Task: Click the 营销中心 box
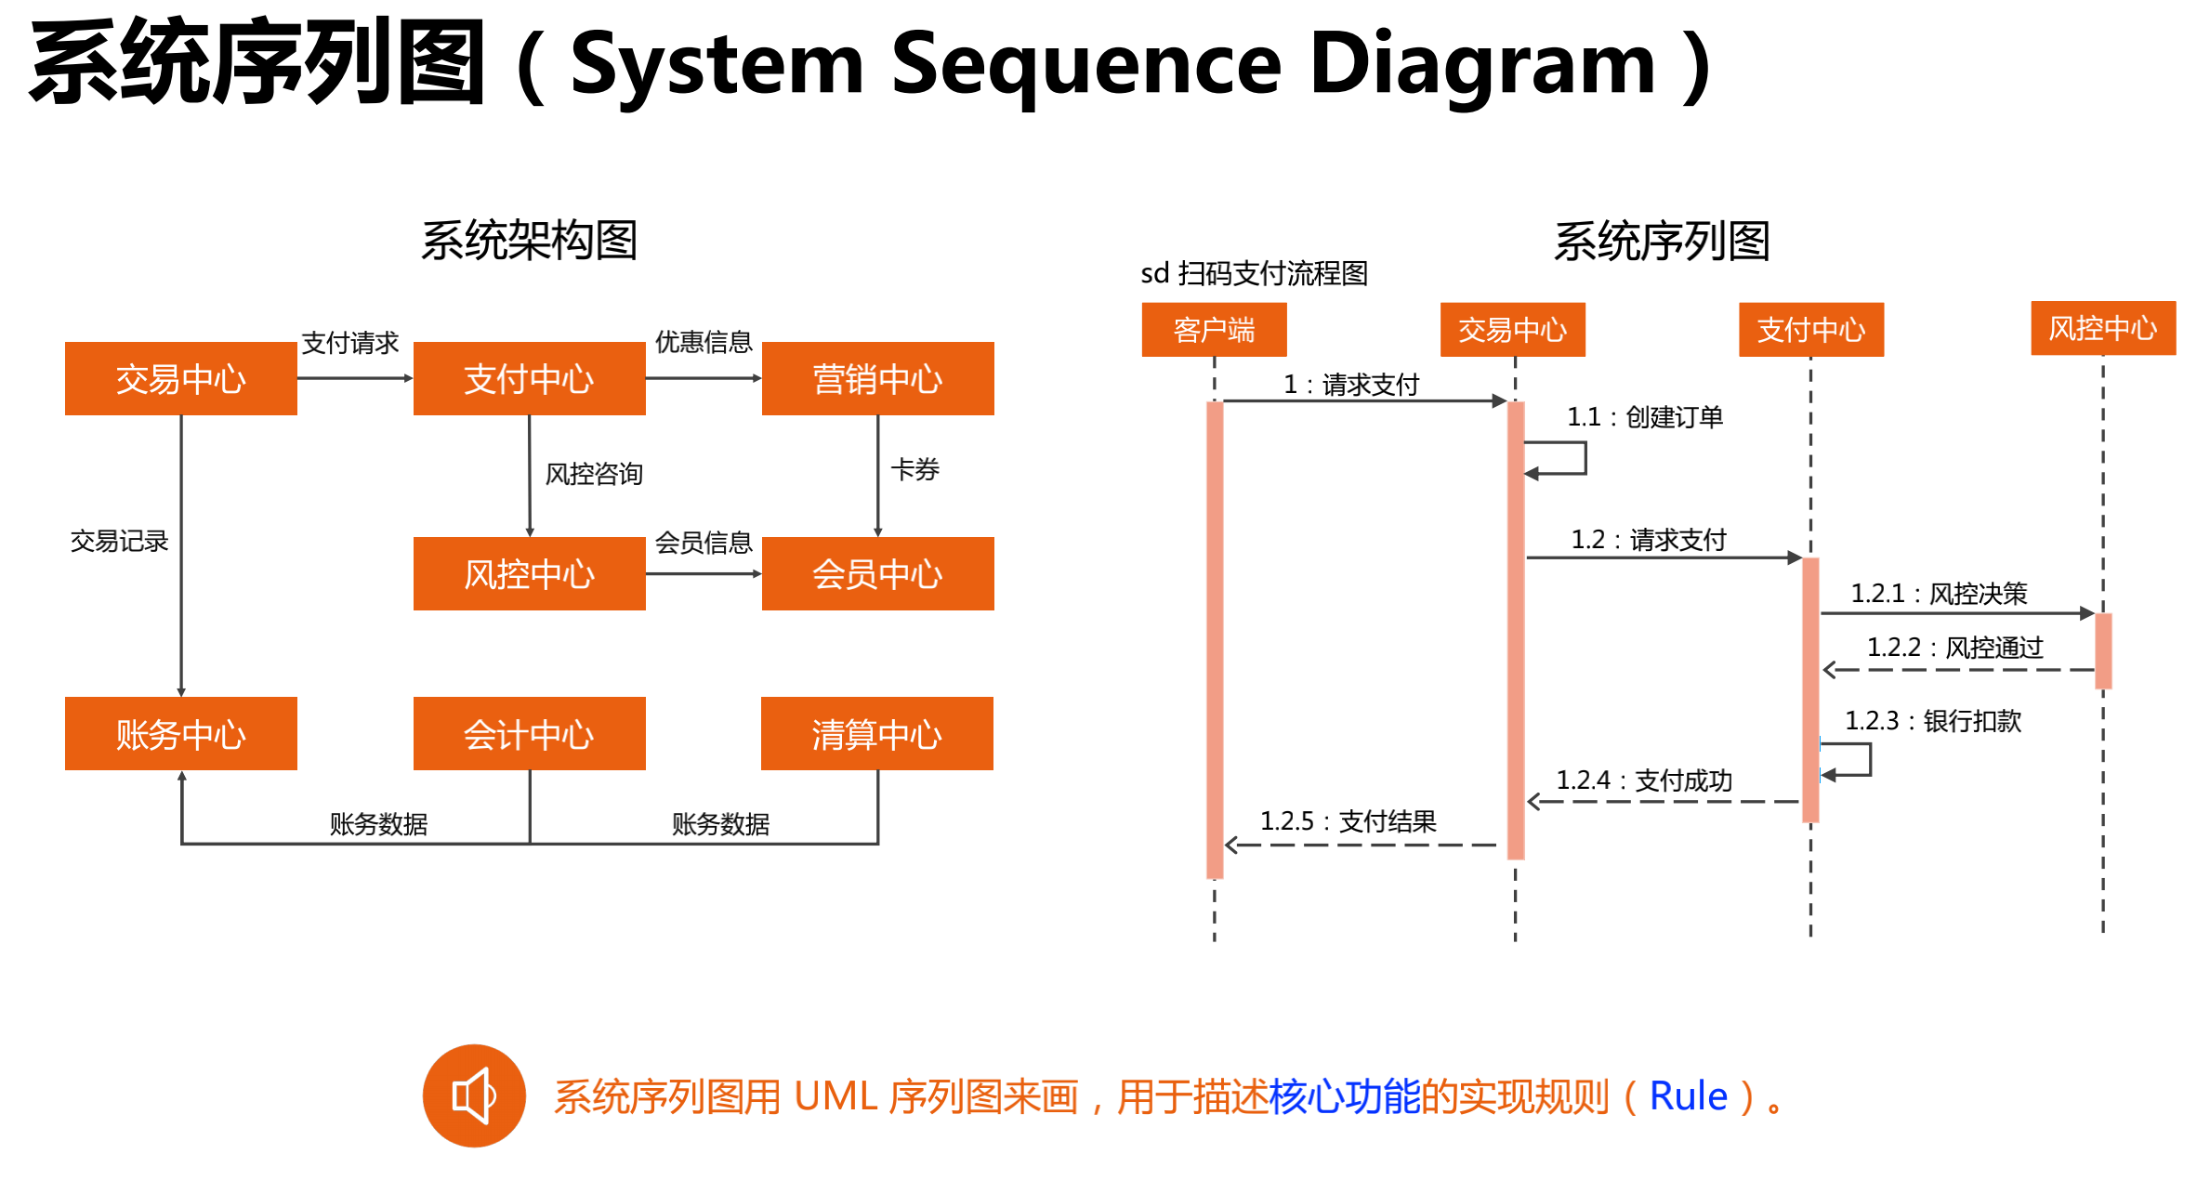click(877, 378)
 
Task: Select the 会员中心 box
click(877, 573)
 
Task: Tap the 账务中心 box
click(180, 734)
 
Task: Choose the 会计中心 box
click(529, 734)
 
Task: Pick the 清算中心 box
click(876, 734)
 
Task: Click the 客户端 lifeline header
click(1214, 330)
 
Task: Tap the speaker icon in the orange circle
click(474, 1096)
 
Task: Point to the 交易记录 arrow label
click(119, 541)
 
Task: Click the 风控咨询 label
click(594, 474)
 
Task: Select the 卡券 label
click(915, 469)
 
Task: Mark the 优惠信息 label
click(704, 342)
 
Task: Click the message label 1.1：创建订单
click(1645, 417)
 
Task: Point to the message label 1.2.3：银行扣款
click(1933, 721)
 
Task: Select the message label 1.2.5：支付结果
click(1348, 821)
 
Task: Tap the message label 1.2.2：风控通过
click(1955, 648)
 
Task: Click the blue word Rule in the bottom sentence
click(1688, 1096)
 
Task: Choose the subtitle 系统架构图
click(530, 241)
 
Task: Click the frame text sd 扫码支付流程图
click(1254, 273)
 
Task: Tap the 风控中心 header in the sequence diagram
click(2103, 328)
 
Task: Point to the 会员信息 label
click(704, 543)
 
